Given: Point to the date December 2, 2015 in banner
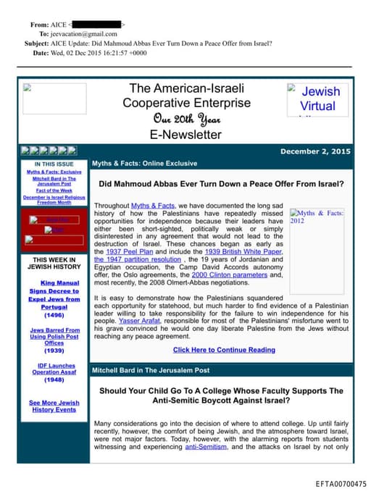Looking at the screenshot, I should coord(315,151).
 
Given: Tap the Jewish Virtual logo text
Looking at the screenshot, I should coord(319,98).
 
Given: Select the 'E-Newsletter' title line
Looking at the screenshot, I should coord(185,134).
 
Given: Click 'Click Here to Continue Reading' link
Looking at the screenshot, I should coord(224,350).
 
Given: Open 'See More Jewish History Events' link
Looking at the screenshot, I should coord(54,406).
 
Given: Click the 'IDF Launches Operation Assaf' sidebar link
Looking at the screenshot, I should coord(54,372).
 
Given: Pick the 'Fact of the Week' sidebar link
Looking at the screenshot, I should coord(54,190).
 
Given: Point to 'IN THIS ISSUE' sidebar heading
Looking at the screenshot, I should coord(54,164).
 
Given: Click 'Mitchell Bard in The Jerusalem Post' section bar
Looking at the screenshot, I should coord(151,370).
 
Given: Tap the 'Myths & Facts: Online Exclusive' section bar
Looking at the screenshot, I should coord(144,164).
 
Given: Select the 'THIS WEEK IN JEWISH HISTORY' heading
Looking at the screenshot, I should coord(54,263).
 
